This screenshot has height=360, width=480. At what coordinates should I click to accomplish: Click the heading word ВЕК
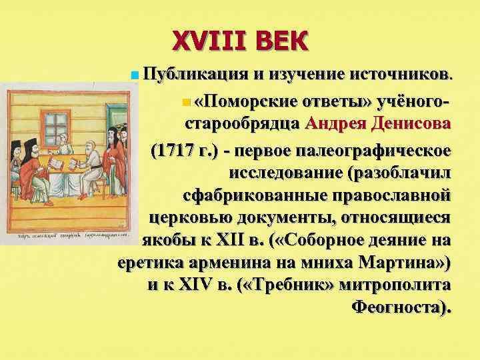point(280,42)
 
